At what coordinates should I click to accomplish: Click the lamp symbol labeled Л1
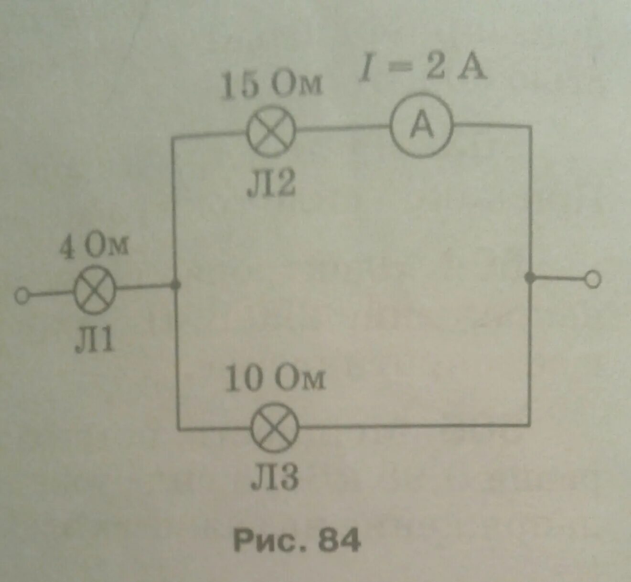click(x=95, y=291)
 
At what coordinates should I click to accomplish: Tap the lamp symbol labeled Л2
click(x=271, y=130)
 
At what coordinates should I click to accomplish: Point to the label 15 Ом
click(x=271, y=85)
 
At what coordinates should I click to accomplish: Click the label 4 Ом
click(x=94, y=247)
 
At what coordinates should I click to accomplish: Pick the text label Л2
click(x=271, y=184)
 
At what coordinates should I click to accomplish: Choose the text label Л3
click(x=275, y=477)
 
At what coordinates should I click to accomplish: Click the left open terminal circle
click(x=21, y=296)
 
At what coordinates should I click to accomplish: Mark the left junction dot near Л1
click(x=176, y=286)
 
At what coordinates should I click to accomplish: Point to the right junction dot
click(x=529, y=278)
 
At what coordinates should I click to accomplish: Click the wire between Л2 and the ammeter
click(x=343, y=128)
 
